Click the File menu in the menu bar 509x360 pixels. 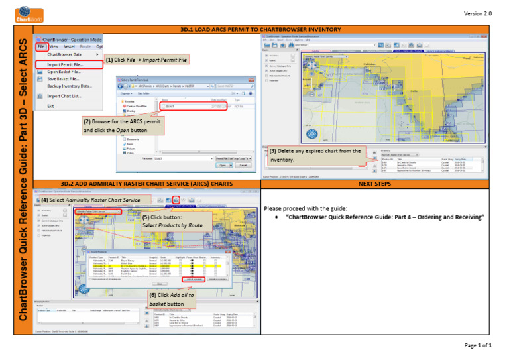pos(41,47)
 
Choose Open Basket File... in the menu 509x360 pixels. pos(64,72)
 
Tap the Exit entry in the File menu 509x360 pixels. pos(50,106)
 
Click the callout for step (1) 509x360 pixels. pos(146,60)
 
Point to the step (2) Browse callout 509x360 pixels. pos(121,126)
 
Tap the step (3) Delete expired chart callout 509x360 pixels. pos(315,155)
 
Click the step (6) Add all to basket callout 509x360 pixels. pos(171,299)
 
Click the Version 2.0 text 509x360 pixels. pos(478,13)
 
